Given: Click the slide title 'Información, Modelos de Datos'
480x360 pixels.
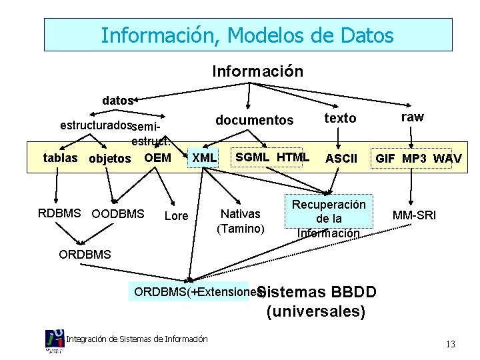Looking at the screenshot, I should point(247,35).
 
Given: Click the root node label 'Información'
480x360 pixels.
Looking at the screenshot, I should point(257,71).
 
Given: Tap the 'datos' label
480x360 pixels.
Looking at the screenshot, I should point(118,101).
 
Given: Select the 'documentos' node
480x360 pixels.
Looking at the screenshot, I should point(254,120).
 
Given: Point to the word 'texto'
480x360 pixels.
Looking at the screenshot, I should point(340,119).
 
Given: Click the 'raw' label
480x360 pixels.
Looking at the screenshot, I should point(412,117).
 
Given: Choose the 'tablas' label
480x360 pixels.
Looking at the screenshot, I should point(60,158).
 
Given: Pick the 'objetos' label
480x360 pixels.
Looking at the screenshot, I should point(110,159).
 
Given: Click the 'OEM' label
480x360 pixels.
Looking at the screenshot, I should point(157,158).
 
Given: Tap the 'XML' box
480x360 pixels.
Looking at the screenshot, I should point(204,158).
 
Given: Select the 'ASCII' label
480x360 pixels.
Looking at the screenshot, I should point(341,159).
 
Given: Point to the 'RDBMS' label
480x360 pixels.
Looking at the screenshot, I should point(61,213).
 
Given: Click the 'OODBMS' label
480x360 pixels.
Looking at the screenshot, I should point(117,214).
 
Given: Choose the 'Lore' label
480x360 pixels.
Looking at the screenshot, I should point(176,216).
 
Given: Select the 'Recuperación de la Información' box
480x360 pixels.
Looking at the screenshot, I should point(329,219).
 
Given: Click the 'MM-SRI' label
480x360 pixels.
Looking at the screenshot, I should point(414,215).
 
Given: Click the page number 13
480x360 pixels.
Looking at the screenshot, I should point(451,344).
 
